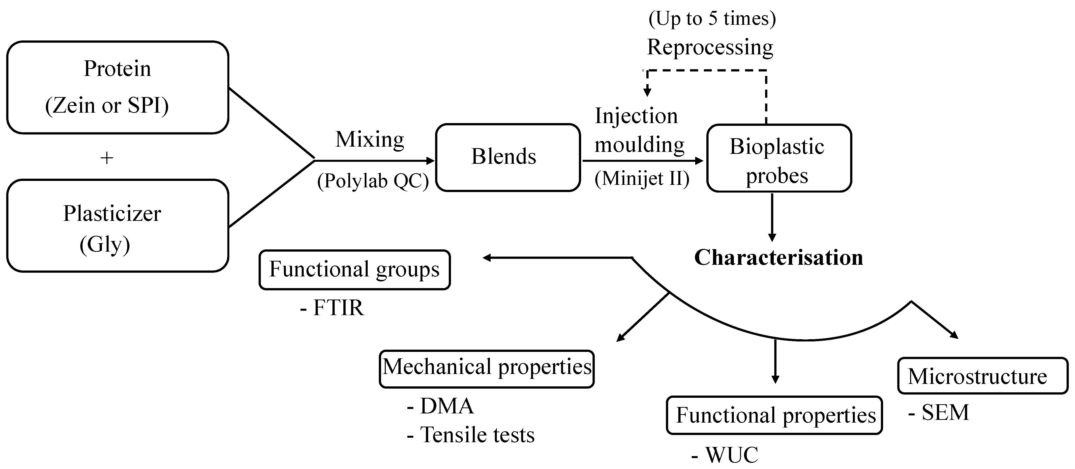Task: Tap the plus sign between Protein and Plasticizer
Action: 107,158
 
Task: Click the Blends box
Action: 508,157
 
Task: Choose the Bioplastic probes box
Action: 779,158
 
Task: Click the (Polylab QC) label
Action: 373,181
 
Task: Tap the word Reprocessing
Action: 710,47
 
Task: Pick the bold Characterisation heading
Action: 778,257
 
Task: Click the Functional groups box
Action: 354,269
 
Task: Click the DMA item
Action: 441,406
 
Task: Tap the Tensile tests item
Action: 471,435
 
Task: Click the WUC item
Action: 725,455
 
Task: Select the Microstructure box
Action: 982,376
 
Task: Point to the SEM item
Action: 939,413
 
